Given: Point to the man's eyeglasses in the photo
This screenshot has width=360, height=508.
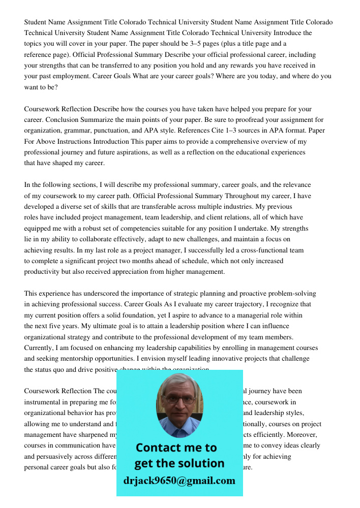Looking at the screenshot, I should click(x=179, y=400).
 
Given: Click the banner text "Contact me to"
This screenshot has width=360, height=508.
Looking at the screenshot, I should click(x=176, y=448).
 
